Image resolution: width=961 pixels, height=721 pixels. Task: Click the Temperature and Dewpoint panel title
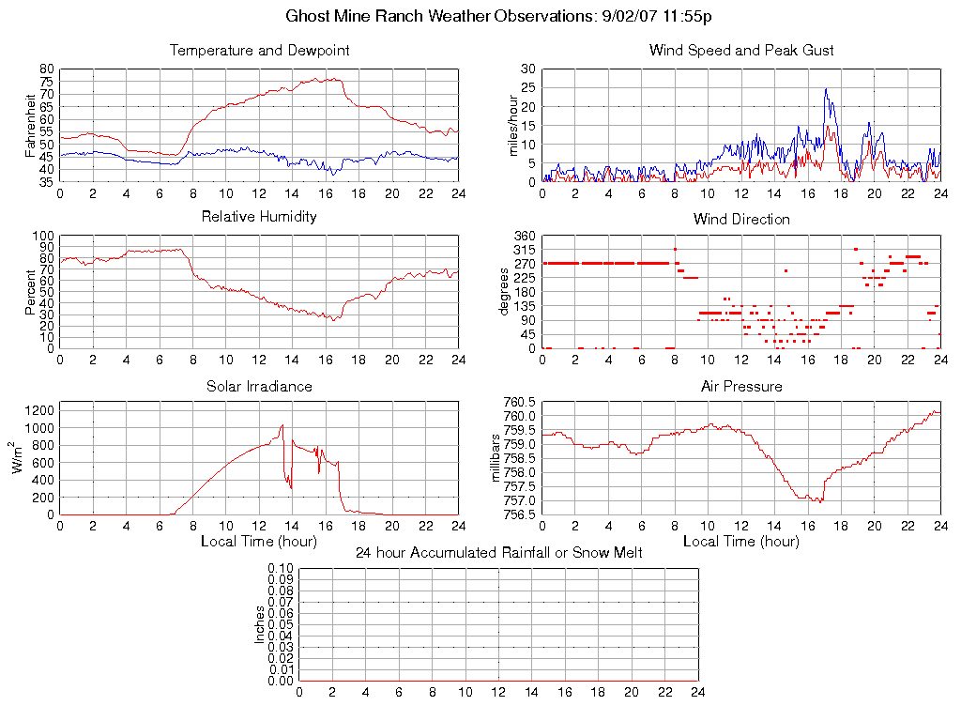[x=259, y=51]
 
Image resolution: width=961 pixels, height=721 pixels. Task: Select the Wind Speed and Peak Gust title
[x=741, y=51]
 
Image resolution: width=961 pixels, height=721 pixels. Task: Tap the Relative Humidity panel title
[x=259, y=217]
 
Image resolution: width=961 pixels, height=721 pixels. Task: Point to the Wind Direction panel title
[x=741, y=220]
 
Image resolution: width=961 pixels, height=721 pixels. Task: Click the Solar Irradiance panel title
[x=259, y=386]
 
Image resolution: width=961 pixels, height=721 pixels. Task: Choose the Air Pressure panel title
[x=741, y=386]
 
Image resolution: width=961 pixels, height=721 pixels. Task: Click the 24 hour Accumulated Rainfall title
[x=498, y=553]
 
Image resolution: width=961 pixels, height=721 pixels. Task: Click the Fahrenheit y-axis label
[x=30, y=125]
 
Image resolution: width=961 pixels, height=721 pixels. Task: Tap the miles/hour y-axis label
[x=513, y=125]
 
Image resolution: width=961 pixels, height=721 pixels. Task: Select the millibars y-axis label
[x=497, y=458]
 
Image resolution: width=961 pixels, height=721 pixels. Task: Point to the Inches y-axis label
[x=260, y=624]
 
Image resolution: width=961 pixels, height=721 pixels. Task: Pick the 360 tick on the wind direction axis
[x=524, y=236]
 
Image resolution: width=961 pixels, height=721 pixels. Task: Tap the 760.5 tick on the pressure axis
[x=518, y=402]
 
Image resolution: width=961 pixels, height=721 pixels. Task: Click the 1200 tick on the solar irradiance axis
[x=41, y=409]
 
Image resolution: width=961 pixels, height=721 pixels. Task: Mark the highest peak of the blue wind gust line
[x=826, y=89]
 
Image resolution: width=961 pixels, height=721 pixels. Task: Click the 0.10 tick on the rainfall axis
[x=281, y=569]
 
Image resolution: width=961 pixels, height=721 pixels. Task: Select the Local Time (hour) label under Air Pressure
[x=741, y=541]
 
